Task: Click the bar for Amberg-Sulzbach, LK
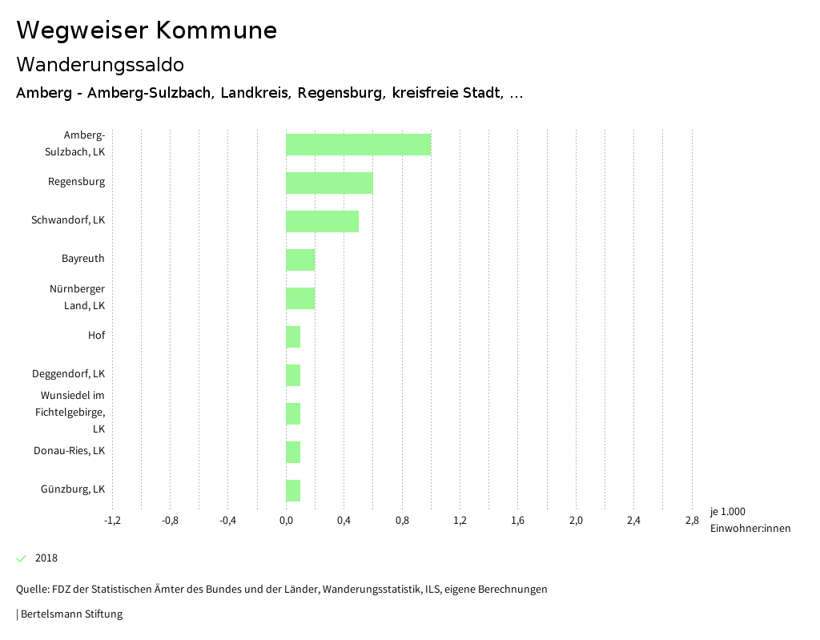pyautogui.click(x=358, y=144)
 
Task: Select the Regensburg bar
pyautogui.click(x=329, y=183)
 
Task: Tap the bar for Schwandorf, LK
pyautogui.click(x=322, y=221)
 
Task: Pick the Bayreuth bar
pyautogui.click(x=300, y=260)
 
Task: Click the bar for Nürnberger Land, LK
pyautogui.click(x=300, y=298)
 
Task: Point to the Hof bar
pyautogui.click(x=293, y=336)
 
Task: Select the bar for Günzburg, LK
pyautogui.click(x=293, y=490)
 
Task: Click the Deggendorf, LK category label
pyautogui.click(x=68, y=374)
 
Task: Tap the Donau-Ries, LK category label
pyautogui.click(x=69, y=451)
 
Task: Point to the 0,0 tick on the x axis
pyautogui.click(x=286, y=521)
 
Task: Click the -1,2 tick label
pyautogui.click(x=112, y=521)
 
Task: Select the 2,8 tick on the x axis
pyautogui.click(x=692, y=521)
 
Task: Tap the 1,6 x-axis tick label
pyautogui.click(x=517, y=521)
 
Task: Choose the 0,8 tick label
pyautogui.click(x=402, y=521)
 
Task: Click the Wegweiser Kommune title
pyautogui.click(x=147, y=30)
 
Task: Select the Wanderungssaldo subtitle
pyautogui.click(x=100, y=64)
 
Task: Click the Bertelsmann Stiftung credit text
pyautogui.click(x=70, y=614)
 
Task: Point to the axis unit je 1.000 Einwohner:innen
pyautogui.click(x=750, y=520)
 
